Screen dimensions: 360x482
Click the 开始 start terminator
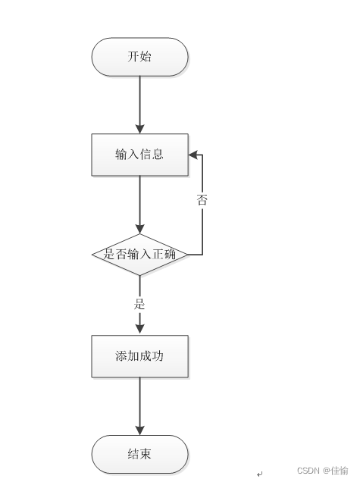coord(140,57)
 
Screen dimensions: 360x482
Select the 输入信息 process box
coord(140,155)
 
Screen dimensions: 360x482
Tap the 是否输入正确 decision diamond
coord(140,255)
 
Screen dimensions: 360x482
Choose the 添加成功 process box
coord(140,356)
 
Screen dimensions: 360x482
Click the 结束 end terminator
coord(140,454)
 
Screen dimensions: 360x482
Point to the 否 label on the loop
coord(202,199)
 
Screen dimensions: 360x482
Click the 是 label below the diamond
coord(139,304)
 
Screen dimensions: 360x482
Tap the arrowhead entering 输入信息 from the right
coord(193,155)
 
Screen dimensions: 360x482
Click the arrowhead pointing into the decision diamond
coord(140,229)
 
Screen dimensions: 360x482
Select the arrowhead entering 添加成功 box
coord(140,329)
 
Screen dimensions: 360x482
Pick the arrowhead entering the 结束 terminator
coord(140,430)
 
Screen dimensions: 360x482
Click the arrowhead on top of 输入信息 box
coord(140,129)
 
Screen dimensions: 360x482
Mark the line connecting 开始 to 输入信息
coord(140,105)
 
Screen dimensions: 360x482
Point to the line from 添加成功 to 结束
coord(140,406)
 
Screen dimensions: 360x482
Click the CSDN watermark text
coord(308,471)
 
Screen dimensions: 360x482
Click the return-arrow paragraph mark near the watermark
coord(260,474)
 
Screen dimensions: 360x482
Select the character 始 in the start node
coord(146,57)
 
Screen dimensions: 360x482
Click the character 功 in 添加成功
coord(158,356)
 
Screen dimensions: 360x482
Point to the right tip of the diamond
coord(187,255)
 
